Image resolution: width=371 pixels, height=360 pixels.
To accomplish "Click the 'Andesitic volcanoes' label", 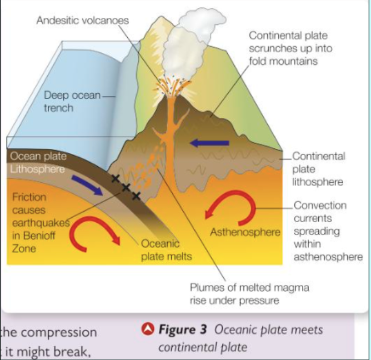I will [83, 21].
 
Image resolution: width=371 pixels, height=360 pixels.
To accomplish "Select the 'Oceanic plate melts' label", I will [166, 250].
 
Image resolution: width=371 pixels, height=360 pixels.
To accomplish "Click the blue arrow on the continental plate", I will [209, 143].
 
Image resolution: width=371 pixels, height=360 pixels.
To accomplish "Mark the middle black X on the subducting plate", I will [126, 187].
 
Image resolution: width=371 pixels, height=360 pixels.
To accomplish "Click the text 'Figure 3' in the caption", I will [183, 329].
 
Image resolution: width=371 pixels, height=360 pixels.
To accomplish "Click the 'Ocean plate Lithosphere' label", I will [37, 163].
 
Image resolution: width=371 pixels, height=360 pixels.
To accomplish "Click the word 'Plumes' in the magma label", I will [207, 288].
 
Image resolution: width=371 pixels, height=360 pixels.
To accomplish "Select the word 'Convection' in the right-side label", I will [320, 205].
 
